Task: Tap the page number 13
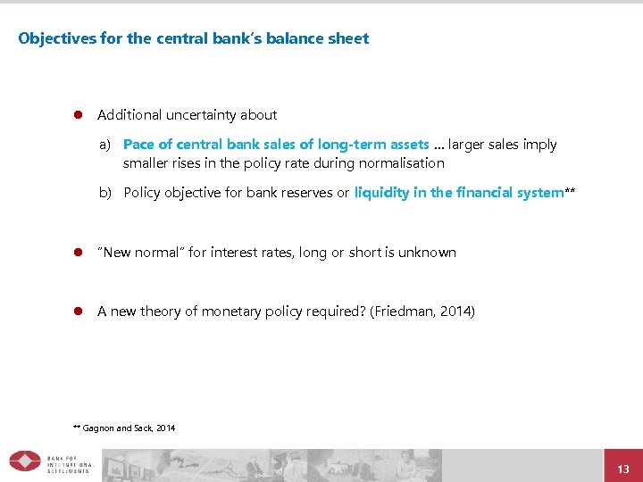[x=623, y=470]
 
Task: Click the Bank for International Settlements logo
[x=50, y=461]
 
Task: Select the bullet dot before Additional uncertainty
[x=78, y=115]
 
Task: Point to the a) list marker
[x=105, y=145]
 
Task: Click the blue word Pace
[x=138, y=145]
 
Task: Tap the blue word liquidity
[x=381, y=193]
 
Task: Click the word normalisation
[x=401, y=163]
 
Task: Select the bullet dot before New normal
[x=78, y=253]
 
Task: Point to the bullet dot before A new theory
[x=78, y=312]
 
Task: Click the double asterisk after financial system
[x=570, y=191]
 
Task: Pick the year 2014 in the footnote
[x=166, y=428]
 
